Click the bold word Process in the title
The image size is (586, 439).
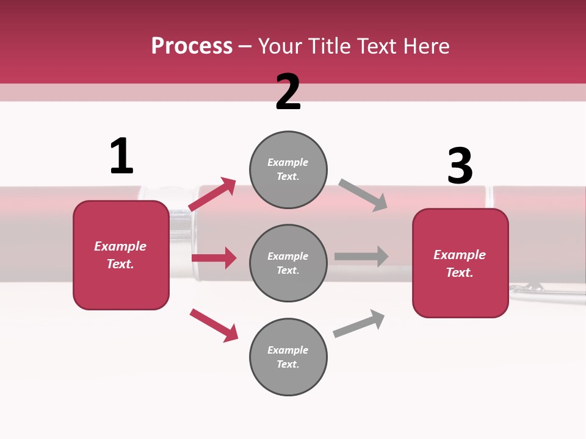(192, 46)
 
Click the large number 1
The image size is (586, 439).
(121, 156)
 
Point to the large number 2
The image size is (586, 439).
(288, 92)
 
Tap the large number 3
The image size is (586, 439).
(460, 166)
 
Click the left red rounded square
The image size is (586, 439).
(121, 255)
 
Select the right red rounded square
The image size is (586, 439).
(460, 263)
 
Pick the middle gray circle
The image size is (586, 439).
(288, 263)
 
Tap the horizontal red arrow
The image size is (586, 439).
(214, 258)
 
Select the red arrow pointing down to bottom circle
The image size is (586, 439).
(214, 325)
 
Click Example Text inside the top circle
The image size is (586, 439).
(288, 170)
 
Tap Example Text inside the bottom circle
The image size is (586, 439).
(288, 357)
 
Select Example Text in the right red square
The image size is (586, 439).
(460, 263)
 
